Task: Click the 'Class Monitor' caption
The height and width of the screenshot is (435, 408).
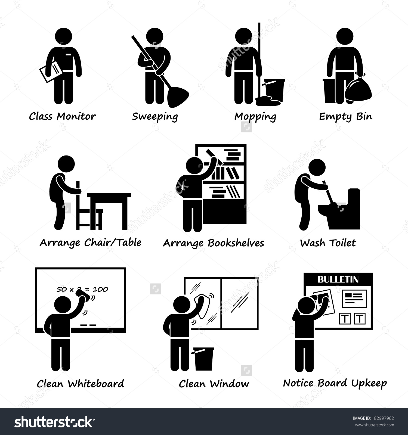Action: tap(62, 116)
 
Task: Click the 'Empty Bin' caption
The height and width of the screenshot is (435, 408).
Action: tap(345, 117)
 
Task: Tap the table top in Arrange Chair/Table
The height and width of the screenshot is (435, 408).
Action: tap(109, 195)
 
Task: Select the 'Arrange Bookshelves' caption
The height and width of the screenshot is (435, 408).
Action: tap(214, 243)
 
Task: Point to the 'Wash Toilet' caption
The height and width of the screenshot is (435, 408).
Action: tap(328, 243)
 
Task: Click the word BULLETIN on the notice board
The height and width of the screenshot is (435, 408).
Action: tap(338, 279)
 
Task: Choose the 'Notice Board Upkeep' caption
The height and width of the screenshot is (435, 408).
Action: tap(335, 383)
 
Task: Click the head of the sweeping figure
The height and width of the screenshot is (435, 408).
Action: tap(154, 37)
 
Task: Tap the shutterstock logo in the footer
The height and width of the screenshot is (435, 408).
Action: tap(54, 422)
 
